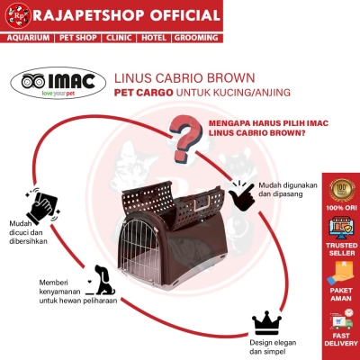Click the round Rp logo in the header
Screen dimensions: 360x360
click(18, 15)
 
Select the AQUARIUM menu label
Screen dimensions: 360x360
click(28, 38)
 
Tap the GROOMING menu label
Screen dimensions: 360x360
click(196, 38)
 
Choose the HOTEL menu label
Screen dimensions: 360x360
click(154, 38)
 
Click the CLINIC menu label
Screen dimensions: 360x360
click(119, 38)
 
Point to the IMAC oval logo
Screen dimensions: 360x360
click(58, 84)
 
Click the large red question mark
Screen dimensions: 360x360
click(185, 139)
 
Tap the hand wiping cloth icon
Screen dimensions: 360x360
click(42, 205)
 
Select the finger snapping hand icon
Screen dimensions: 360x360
click(241, 195)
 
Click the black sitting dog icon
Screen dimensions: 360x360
click(102, 280)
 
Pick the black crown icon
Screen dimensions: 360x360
click(266, 323)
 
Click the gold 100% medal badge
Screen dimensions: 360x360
click(342, 190)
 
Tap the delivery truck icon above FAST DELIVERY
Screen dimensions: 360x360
click(342, 319)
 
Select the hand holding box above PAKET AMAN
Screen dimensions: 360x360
click(341, 273)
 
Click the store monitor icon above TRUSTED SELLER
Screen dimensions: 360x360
click(342, 228)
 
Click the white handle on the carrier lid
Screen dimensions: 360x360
click(202, 205)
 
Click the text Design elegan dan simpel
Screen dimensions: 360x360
click(273, 346)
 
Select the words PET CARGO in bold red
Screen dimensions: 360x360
click(144, 93)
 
